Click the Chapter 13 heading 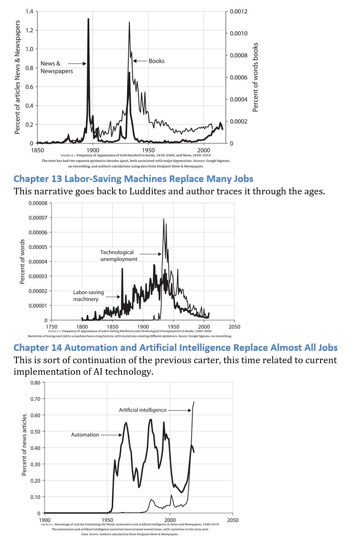tap(133, 179)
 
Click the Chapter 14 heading tap(175, 348)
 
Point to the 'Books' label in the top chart tap(156, 61)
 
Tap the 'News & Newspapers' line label tap(56, 67)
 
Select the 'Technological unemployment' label tap(119, 256)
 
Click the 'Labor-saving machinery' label tap(88, 296)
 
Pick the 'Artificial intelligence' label tap(142, 410)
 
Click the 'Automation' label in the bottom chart tap(85, 435)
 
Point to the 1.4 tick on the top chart tap(29, 12)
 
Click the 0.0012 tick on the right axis tap(238, 12)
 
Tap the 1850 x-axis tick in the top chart tap(37, 150)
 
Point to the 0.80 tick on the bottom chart tap(35, 382)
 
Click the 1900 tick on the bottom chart tap(44, 520)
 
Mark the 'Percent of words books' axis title tap(255, 77)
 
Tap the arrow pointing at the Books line tap(140, 61)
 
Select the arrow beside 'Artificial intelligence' tap(179, 410)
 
